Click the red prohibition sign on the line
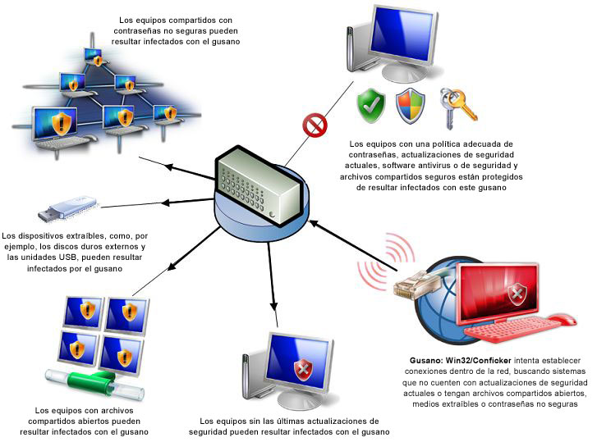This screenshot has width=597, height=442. click(x=314, y=125)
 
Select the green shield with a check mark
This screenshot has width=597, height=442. click(x=371, y=104)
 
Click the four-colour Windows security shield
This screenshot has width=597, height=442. click(x=410, y=104)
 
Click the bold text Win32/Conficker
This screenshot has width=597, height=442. click(x=475, y=360)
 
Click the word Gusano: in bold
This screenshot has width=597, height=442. click(x=427, y=360)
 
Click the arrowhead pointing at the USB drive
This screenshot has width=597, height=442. click(x=166, y=203)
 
